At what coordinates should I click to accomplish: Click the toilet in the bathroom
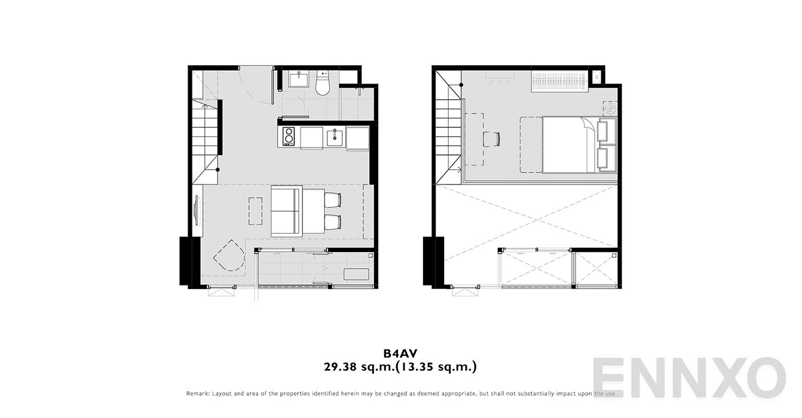322,84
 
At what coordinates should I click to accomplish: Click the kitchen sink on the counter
335,137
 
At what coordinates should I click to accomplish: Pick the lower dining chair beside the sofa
332,222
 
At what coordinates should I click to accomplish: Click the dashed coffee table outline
255,211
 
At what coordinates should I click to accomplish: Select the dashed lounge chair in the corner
228,256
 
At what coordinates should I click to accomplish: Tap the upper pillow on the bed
606,131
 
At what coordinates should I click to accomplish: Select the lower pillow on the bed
606,158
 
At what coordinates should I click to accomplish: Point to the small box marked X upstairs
596,77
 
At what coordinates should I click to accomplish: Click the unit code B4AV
400,354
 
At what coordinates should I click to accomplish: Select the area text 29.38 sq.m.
357,367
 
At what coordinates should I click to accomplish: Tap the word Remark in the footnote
198,394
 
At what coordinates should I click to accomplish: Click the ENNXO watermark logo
688,379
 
